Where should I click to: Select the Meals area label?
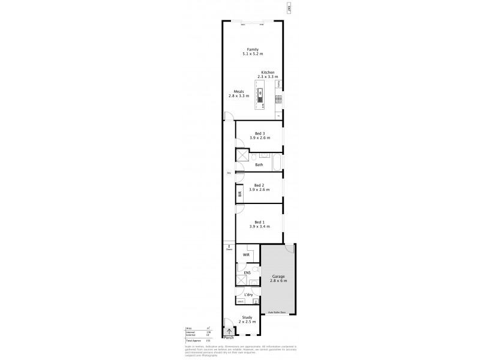[x=238, y=92]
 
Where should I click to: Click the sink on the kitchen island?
[x=261, y=93]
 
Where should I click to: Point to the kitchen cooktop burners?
[x=278, y=98]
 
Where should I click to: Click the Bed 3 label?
[x=259, y=134]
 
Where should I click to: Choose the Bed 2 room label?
[x=259, y=185]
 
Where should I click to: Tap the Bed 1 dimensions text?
[x=259, y=226]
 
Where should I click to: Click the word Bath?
[x=259, y=164]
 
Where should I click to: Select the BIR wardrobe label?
[x=239, y=193]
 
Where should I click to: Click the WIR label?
[x=246, y=255]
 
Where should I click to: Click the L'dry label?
[x=247, y=295]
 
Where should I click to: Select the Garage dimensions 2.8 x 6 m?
[x=279, y=281]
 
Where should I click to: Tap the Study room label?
[x=247, y=318]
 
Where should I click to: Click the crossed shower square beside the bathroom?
[x=242, y=155]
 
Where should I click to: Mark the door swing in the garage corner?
[x=290, y=248]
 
